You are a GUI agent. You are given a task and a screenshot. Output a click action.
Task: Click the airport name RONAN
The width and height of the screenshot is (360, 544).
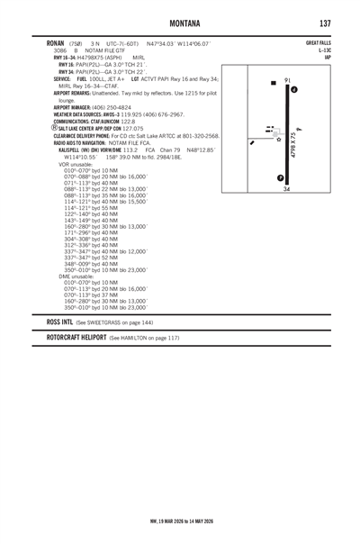[x=45, y=44]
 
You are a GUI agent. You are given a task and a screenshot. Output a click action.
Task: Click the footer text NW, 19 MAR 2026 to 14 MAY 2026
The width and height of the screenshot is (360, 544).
[x=180, y=520]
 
